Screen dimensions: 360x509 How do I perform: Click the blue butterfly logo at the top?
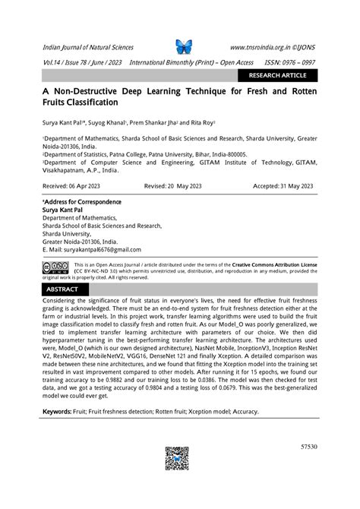coord(185,46)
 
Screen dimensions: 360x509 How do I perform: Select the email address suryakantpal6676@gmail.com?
coord(92,249)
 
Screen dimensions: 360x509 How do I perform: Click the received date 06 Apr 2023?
coord(67,185)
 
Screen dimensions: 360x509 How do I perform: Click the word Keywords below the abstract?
coord(57,411)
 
